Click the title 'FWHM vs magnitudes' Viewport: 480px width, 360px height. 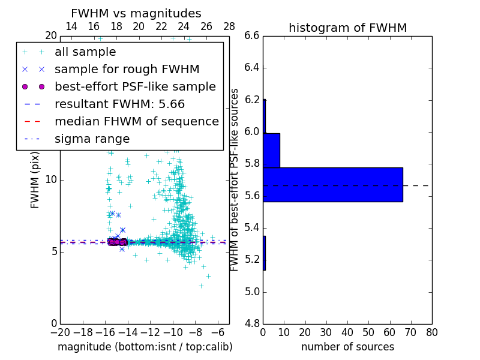[x=136, y=13]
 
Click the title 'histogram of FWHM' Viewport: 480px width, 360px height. [x=347, y=28]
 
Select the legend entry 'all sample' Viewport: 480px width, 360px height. [x=85, y=52]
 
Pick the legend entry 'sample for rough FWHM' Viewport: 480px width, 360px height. [x=127, y=69]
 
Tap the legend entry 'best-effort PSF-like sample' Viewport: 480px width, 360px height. [x=135, y=86]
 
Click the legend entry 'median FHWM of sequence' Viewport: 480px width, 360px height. [x=136, y=121]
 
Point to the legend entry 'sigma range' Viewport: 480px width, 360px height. [x=92, y=139]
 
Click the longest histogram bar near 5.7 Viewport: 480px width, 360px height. [x=332, y=185]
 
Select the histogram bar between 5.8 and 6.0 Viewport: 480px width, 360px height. [x=271, y=150]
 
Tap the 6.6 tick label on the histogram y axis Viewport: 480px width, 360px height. [x=252, y=36]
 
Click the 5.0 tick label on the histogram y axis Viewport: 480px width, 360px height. [x=252, y=292]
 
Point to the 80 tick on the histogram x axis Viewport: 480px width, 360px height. [x=431, y=332]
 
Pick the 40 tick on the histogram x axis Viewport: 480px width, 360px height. [x=347, y=332]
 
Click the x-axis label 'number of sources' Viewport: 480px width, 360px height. [x=347, y=347]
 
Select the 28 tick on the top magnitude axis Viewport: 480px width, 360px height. [x=229, y=26]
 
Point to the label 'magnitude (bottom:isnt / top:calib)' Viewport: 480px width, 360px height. [x=145, y=347]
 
